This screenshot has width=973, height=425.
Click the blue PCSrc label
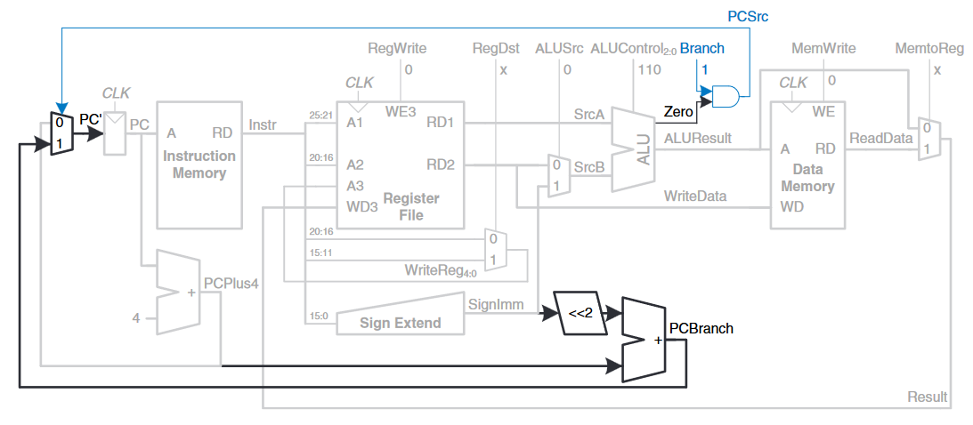coord(748,17)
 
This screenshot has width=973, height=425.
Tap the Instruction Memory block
coord(199,164)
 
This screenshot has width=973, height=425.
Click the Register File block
coord(401,164)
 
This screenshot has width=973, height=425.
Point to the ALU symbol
coord(634,148)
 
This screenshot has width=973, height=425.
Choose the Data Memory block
coord(807,164)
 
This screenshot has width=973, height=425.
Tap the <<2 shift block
coord(580,313)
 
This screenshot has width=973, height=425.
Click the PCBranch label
coord(701,328)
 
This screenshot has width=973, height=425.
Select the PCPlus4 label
coord(231,284)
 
